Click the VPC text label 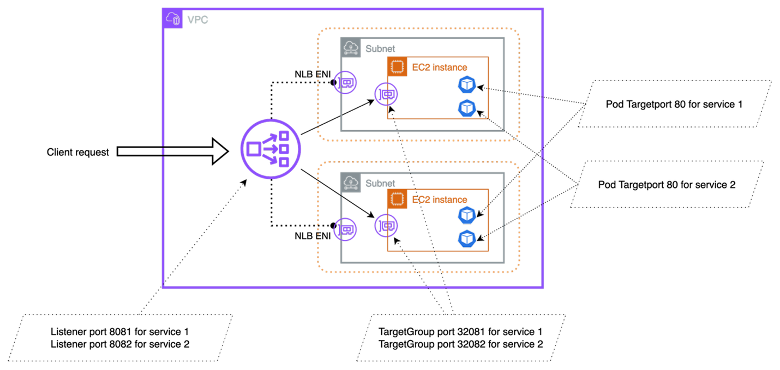pyautogui.click(x=197, y=20)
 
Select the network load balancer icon pyautogui.click(x=271, y=149)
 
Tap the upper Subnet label pyautogui.click(x=380, y=49)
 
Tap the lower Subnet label pyautogui.click(x=380, y=184)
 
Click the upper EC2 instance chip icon pyautogui.click(x=398, y=66)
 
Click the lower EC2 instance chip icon pyautogui.click(x=398, y=199)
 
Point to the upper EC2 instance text pyautogui.click(x=439, y=68)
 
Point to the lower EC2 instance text pyautogui.click(x=439, y=200)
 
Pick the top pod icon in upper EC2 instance pyautogui.click(x=467, y=84)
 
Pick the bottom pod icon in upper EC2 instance pyautogui.click(x=467, y=107)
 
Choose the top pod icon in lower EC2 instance pyautogui.click(x=467, y=216)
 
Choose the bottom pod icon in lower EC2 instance pyautogui.click(x=467, y=239)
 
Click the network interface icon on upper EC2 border pyautogui.click(x=386, y=94)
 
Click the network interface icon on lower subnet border pyautogui.click(x=345, y=229)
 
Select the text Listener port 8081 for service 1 pyautogui.click(x=119, y=331)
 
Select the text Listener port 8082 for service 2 pyautogui.click(x=119, y=344)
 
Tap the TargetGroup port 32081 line pyautogui.click(x=460, y=331)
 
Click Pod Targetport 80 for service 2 pyautogui.click(x=667, y=185)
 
